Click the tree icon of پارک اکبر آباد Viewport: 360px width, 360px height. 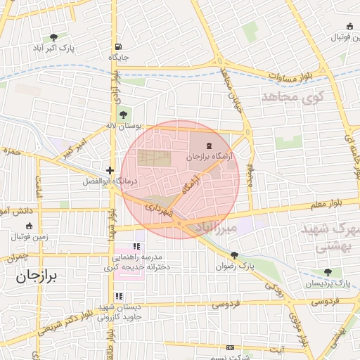coord(54,37)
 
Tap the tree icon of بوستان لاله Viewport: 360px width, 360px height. coord(124,115)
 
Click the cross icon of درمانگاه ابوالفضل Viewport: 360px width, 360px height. coord(110,170)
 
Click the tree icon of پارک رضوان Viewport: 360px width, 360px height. coord(234,256)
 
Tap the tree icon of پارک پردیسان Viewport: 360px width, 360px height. coord(328,272)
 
